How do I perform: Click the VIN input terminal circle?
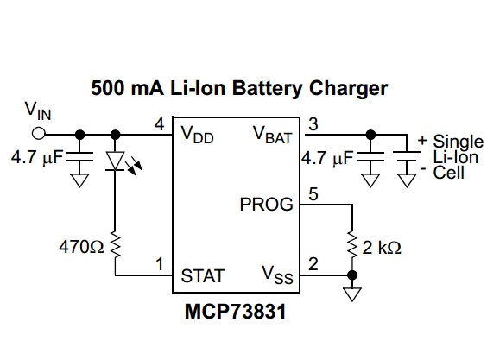(39, 134)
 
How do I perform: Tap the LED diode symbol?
(115, 161)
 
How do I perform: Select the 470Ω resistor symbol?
(115, 244)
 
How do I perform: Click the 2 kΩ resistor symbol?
(352, 244)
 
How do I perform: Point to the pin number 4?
(160, 124)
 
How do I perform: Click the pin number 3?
(313, 124)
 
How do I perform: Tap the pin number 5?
(313, 194)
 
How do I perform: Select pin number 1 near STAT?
(160, 264)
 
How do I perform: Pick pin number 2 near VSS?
(313, 264)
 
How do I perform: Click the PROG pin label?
(267, 205)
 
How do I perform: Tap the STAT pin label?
(203, 275)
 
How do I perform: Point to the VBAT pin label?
(273, 135)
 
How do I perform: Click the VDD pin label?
(197, 135)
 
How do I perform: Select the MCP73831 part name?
(235, 312)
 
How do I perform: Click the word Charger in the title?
(348, 89)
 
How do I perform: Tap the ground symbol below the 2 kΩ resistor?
(352, 294)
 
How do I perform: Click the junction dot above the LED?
(115, 135)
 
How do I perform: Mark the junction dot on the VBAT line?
(370, 135)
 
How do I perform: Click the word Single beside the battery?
(459, 142)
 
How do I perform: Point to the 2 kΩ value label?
(382, 248)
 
